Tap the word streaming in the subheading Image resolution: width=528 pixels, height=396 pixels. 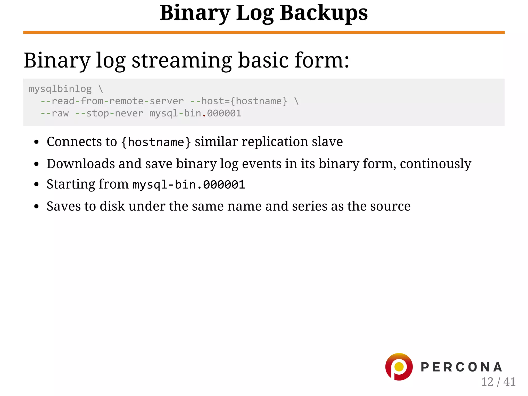[x=182, y=61]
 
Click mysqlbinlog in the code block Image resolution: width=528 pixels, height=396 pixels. [x=60, y=89]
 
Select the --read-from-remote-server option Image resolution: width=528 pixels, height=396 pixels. [x=112, y=101]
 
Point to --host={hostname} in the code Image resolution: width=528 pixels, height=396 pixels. [x=239, y=101]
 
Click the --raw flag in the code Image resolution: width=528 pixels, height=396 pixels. [x=55, y=113]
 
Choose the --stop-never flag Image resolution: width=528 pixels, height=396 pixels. [x=109, y=113]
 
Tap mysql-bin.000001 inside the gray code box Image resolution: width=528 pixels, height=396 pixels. [x=195, y=113]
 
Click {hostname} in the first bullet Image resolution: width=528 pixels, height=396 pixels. [x=156, y=142]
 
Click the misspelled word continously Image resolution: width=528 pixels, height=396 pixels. [x=435, y=164]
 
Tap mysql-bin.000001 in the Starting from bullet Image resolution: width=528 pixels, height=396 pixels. [x=188, y=185]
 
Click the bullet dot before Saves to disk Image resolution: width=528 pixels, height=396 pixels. [x=36, y=206]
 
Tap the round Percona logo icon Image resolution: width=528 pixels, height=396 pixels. [x=399, y=367]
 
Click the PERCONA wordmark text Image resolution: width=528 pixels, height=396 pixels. [x=461, y=367]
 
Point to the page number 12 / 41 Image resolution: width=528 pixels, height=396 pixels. [x=498, y=382]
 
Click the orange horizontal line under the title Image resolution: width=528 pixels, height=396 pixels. [x=264, y=32]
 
